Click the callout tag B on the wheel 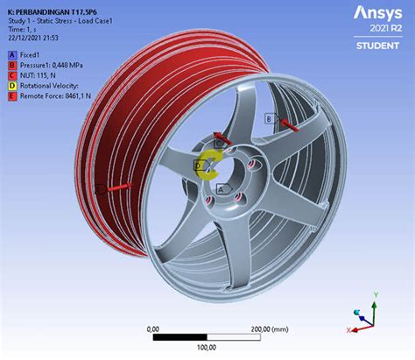coord(269,118)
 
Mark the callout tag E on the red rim coord(102,188)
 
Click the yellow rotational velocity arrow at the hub coord(208,161)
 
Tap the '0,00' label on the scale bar coord(152,328)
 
